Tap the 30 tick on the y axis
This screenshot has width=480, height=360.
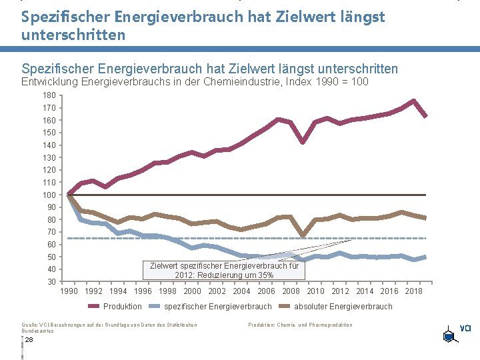51,282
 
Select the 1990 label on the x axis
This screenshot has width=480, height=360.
69,291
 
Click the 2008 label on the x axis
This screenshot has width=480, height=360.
291,291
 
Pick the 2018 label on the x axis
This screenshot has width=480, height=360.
414,291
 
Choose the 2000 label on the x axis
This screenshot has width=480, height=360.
192,291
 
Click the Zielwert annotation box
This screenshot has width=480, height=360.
224,270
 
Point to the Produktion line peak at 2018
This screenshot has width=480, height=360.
413,101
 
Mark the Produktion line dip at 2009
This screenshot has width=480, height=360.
303,142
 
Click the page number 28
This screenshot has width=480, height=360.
29,339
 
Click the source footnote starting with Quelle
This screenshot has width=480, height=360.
109,327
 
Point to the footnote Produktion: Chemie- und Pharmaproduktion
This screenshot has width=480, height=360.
300,325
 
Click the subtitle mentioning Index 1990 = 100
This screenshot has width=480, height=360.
195,82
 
